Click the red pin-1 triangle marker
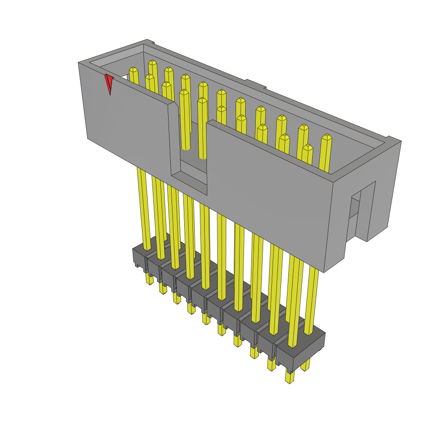(x=109, y=83)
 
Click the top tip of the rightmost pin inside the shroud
(x=327, y=137)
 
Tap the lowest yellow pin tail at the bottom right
(x=289, y=377)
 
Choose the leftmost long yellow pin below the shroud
(x=144, y=209)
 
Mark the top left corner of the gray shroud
(x=79, y=64)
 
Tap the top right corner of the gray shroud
(x=400, y=141)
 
